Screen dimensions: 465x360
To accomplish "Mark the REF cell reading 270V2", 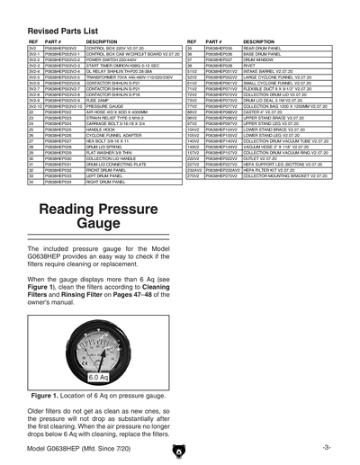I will coord(192,175).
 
